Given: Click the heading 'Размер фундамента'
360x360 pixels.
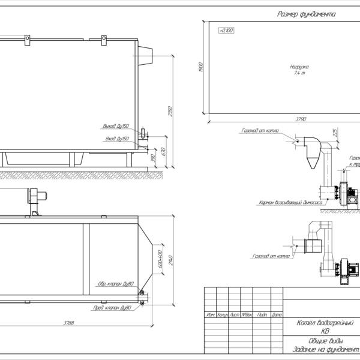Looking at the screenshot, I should (x=307, y=13).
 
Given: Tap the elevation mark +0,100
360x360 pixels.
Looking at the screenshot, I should (x=225, y=29).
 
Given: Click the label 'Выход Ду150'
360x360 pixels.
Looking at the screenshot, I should (x=116, y=127).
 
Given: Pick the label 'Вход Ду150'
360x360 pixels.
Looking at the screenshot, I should (x=118, y=139).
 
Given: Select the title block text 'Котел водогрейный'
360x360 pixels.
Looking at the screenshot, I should (x=325, y=323).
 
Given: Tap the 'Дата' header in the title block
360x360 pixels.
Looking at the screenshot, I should (x=277, y=314).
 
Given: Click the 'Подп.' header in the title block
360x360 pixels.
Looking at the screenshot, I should (x=262, y=314).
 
